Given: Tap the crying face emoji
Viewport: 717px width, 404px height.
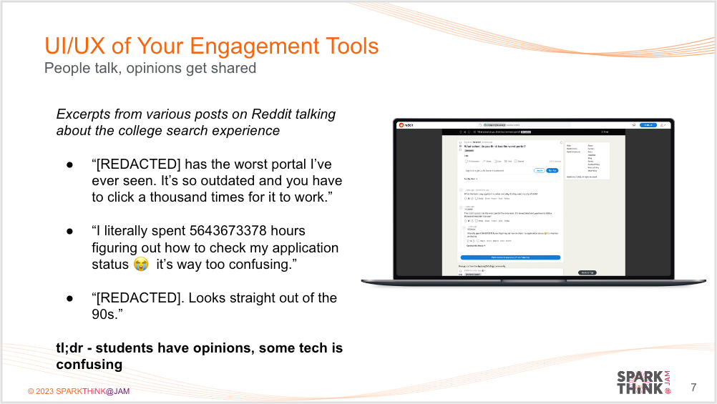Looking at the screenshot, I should pos(141,265).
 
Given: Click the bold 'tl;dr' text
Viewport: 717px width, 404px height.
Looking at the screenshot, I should pos(73,348).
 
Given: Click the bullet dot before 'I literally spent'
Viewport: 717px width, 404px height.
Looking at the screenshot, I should pos(70,231).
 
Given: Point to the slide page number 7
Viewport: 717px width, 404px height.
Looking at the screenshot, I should pos(693,388).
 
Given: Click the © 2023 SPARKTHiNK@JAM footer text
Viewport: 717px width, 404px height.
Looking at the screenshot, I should pos(79,391).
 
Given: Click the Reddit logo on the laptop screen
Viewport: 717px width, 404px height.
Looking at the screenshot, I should pos(406,124).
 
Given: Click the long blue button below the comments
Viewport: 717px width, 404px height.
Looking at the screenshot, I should pos(510,257).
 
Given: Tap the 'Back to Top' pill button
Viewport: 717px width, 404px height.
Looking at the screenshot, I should pos(587,272).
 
